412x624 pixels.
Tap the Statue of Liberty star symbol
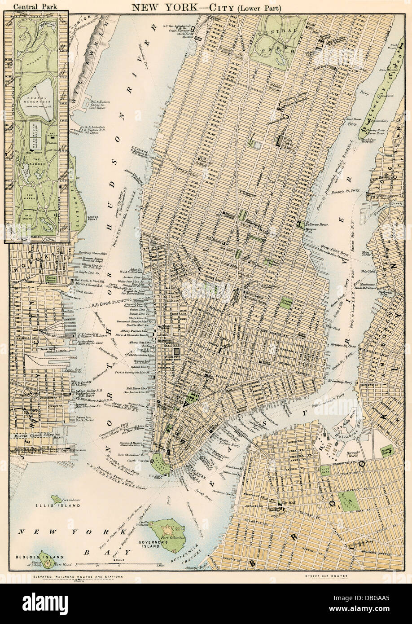click(x=44, y=554)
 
